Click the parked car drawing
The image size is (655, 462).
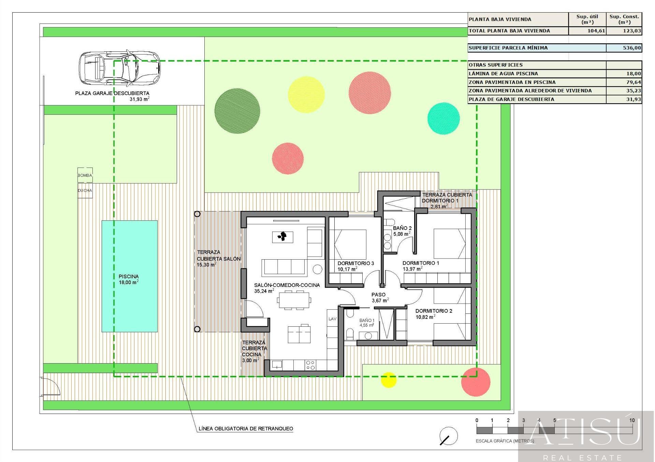(x=119, y=67)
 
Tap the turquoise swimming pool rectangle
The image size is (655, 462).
(x=130, y=276)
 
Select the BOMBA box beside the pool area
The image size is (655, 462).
(x=85, y=175)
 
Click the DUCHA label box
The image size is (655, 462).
(x=85, y=190)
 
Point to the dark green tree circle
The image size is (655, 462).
(x=237, y=111)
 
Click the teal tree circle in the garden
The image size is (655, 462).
(x=443, y=118)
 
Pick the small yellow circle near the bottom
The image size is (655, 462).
(x=389, y=380)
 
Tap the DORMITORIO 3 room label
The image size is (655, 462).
(x=356, y=263)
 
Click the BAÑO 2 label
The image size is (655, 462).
(x=402, y=228)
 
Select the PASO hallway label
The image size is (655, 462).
(x=378, y=295)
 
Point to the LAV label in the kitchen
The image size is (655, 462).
(x=332, y=319)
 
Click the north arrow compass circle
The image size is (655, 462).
(x=449, y=436)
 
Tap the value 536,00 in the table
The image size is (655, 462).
(x=632, y=48)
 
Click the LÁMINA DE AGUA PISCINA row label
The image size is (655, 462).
(x=503, y=74)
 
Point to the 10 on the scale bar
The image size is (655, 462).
(x=632, y=420)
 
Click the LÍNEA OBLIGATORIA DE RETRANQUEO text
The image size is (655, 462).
(x=246, y=429)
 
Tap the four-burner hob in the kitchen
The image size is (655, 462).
(x=310, y=365)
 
